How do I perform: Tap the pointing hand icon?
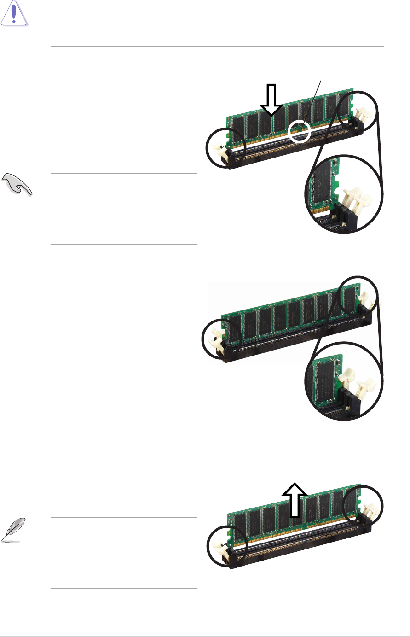17,184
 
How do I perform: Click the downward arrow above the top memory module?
271,99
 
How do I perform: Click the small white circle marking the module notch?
299,131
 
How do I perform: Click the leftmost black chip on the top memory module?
237,127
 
